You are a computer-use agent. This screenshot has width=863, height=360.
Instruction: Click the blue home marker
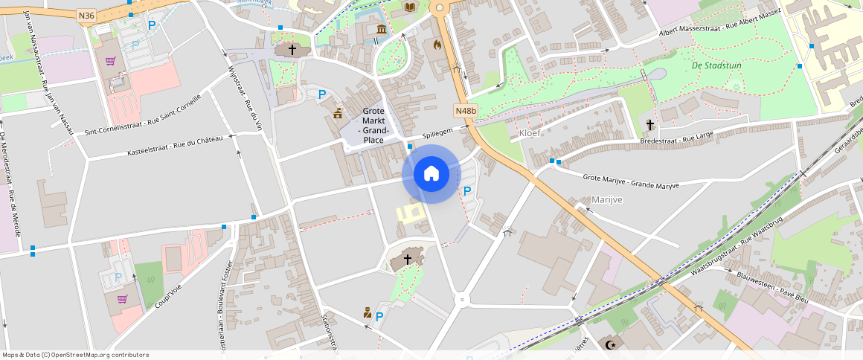(x=431, y=174)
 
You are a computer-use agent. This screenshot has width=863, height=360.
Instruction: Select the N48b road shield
(x=466, y=111)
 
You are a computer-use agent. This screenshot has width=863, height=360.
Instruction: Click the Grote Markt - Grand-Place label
(x=373, y=125)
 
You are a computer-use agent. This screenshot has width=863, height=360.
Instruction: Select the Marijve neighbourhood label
(x=607, y=199)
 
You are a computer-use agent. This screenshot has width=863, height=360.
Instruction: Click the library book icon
(x=409, y=7)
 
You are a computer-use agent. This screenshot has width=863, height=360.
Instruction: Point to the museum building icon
(x=382, y=29)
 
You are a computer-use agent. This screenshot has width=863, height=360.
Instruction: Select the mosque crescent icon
(x=612, y=344)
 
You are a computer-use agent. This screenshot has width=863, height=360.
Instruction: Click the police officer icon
(x=367, y=312)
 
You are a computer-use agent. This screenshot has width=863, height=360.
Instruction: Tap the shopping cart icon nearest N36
(x=110, y=61)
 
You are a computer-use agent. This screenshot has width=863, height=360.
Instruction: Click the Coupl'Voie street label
(x=168, y=294)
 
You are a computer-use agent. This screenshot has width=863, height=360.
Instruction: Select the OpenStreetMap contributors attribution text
(x=74, y=355)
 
